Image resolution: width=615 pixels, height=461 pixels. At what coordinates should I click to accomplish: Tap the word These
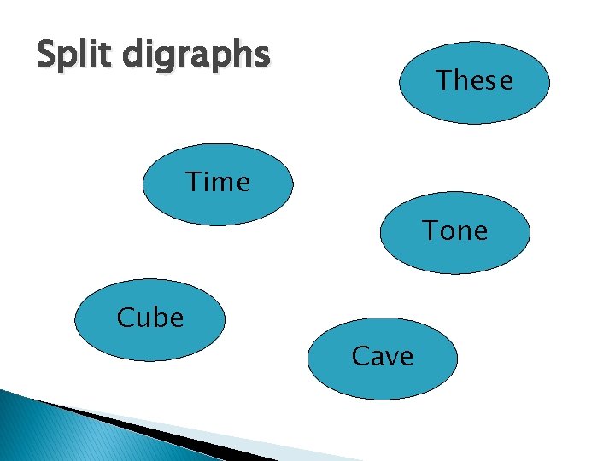coord(475,81)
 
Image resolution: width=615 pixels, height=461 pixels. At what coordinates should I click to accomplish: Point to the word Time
coord(218,182)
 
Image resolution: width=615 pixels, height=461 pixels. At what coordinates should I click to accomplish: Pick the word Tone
coord(454,230)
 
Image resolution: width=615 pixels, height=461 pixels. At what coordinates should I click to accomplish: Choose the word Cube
coord(150,318)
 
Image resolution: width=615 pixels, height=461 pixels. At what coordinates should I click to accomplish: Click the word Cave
coord(382,355)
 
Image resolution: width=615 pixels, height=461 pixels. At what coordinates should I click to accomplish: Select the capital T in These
coord(445,80)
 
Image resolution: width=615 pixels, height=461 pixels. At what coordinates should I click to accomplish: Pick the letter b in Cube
coord(159,318)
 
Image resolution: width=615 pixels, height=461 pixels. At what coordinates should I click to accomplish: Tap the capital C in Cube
coord(126,318)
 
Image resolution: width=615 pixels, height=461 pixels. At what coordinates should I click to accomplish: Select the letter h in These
coord(462,80)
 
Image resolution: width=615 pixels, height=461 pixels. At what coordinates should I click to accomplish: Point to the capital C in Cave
coord(360,355)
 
